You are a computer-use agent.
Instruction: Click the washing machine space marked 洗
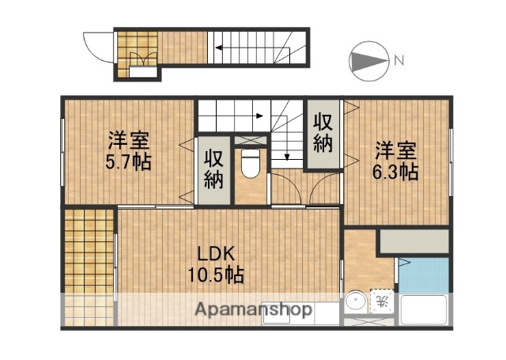(382, 301)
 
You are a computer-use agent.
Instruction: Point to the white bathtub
(425, 309)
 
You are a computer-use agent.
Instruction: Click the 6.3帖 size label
(396, 172)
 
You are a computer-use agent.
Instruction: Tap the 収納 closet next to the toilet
(213, 169)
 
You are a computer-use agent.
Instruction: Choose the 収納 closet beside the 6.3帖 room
(323, 133)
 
